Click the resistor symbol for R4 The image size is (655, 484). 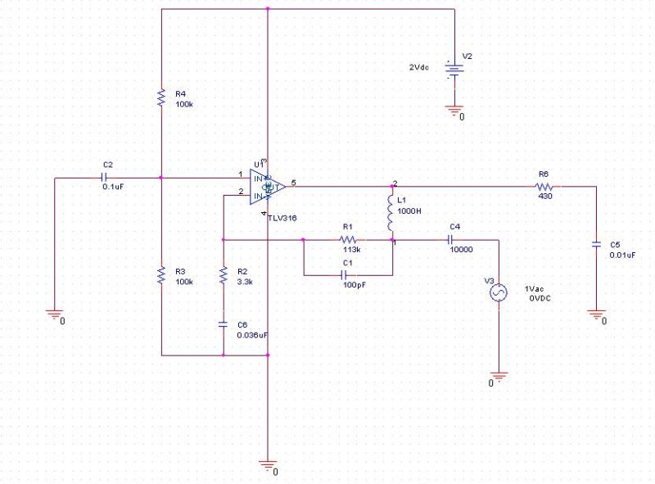click(162, 98)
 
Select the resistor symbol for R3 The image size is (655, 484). click(162, 276)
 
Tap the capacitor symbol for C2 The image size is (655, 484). click(105, 177)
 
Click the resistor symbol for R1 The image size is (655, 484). click(347, 240)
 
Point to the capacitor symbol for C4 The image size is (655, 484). click(449, 240)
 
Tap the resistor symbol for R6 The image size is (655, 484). click(544, 187)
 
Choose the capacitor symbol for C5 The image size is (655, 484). click(597, 245)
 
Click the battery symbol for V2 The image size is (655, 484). click(451, 69)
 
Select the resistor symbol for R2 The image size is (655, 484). click(223, 276)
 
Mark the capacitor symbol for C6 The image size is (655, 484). click(223, 324)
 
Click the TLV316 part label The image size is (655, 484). click(282, 219)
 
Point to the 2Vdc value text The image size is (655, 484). click(421, 66)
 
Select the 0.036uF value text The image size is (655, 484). click(252, 335)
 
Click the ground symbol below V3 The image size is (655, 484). click(498, 376)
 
